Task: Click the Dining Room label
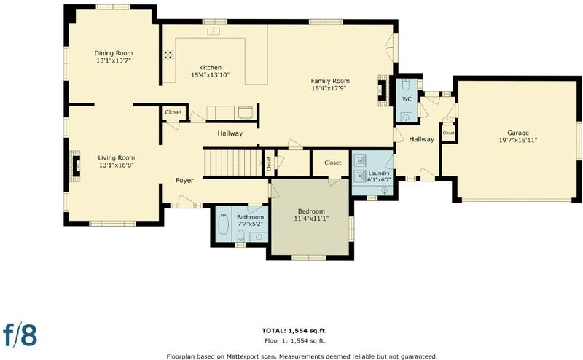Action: (x=114, y=53)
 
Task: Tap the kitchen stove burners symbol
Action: (x=168, y=55)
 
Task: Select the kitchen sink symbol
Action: (x=214, y=31)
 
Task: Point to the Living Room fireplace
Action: (x=76, y=166)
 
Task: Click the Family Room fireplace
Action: (x=383, y=91)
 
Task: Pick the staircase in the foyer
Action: (x=232, y=163)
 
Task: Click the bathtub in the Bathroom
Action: (x=223, y=224)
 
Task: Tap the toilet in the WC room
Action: (x=406, y=86)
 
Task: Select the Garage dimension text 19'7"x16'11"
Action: (x=518, y=140)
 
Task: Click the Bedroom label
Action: (x=311, y=211)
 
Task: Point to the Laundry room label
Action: (x=379, y=173)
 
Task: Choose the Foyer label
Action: (x=184, y=181)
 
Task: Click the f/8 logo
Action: (x=20, y=334)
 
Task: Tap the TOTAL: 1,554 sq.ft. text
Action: (x=294, y=330)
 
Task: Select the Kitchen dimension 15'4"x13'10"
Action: (x=210, y=75)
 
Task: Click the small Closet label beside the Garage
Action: (x=448, y=133)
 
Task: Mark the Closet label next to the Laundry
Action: (x=332, y=163)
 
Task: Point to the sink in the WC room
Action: (x=406, y=117)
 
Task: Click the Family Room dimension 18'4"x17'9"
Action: (x=330, y=88)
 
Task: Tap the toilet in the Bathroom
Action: (x=241, y=235)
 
